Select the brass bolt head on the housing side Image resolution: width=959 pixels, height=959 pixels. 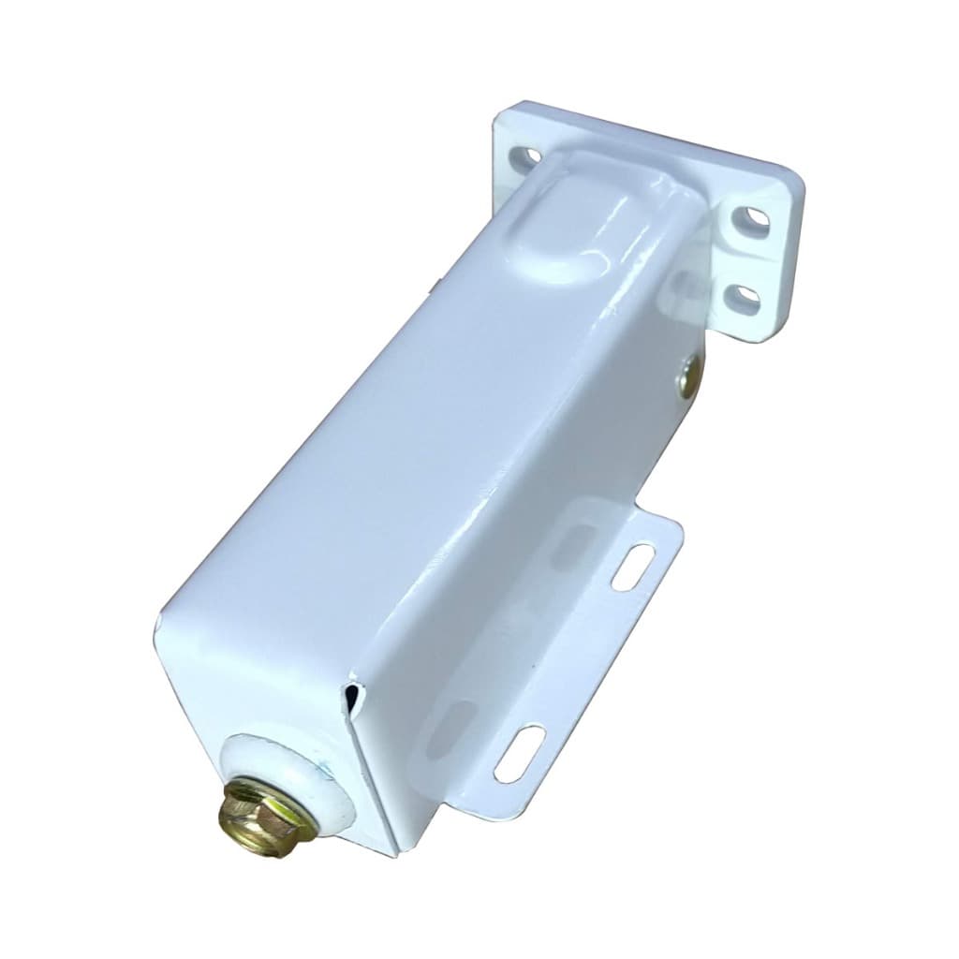(x=688, y=376)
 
